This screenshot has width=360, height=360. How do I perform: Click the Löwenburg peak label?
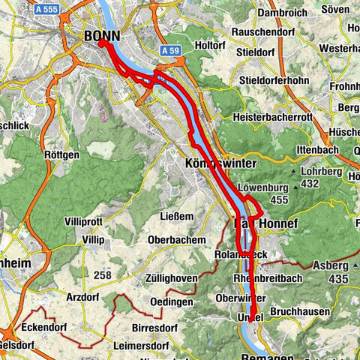pos(262,187)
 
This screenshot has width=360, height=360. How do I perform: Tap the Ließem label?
pos(178,217)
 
